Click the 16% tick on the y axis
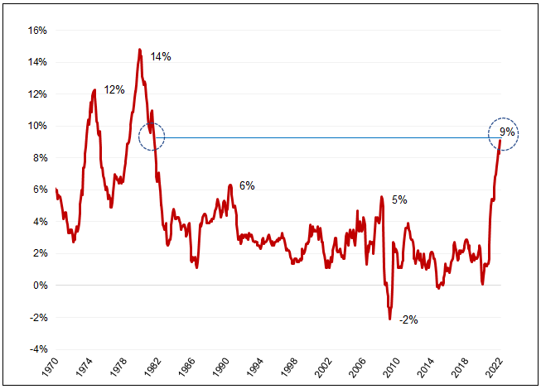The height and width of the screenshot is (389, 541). [x=36, y=31]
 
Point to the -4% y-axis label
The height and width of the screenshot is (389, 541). [x=36, y=349]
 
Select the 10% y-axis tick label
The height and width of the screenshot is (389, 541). [x=36, y=126]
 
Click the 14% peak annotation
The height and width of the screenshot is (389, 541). [x=161, y=57]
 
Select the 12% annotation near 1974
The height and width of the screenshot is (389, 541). [x=114, y=89]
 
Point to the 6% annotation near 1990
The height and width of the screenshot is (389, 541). [x=247, y=186]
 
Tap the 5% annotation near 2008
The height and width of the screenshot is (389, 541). [x=399, y=199]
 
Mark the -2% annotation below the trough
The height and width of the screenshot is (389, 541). [x=408, y=319]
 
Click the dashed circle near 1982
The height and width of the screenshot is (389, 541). [x=151, y=137]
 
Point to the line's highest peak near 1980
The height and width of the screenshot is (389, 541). [x=140, y=50]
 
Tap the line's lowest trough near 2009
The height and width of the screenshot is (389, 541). [x=389, y=319]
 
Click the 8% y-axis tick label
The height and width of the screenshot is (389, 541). [x=38, y=158]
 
